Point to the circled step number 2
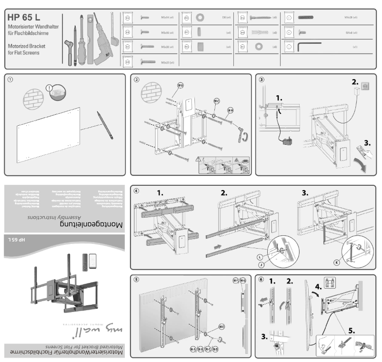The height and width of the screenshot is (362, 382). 137,80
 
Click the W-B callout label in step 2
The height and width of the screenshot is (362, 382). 181,85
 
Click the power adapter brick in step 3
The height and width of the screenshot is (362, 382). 288,141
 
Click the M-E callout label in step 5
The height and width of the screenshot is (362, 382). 221,326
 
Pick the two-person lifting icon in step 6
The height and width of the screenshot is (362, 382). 329,281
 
